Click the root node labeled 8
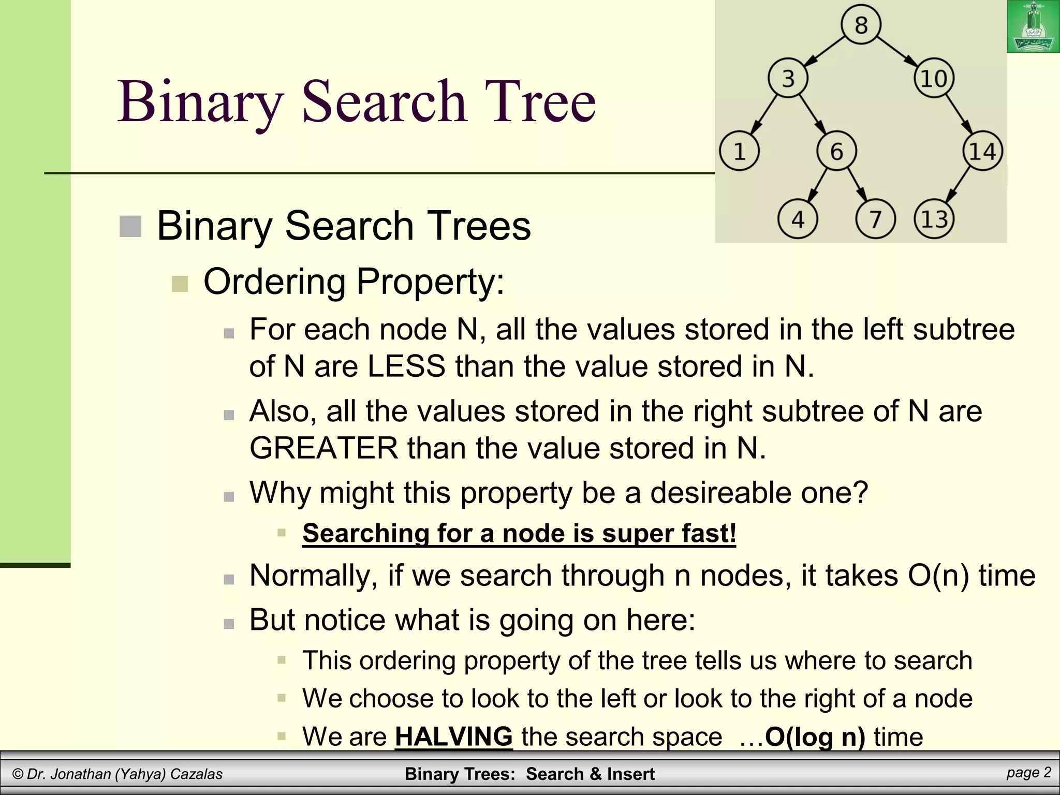point(861,25)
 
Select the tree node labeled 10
point(934,79)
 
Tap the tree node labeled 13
point(934,219)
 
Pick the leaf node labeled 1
point(740,152)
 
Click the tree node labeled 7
point(875,219)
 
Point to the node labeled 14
point(982,152)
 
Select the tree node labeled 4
point(798,219)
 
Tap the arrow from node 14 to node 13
point(958,186)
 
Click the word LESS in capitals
point(406,366)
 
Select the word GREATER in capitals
point(323,448)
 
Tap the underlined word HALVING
point(453,737)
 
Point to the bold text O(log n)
point(815,737)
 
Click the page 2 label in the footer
point(1028,773)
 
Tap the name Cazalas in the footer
point(196,774)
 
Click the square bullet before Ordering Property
point(180,284)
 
